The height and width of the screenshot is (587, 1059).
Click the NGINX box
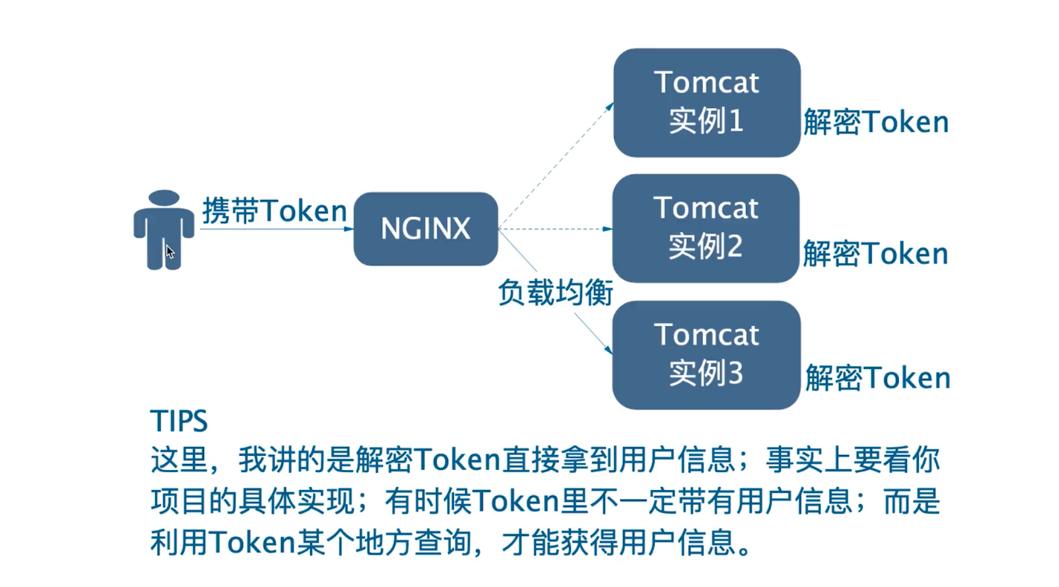pos(426,229)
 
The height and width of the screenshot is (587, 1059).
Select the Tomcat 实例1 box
pos(706,102)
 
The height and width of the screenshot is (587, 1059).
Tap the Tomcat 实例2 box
pos(705,227)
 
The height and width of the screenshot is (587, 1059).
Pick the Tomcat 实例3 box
pos(706,354)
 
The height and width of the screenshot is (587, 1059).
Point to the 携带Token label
pos(274,211)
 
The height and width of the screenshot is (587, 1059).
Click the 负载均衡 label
pos(555,293)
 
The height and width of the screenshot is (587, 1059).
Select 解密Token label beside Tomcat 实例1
pos(876,122)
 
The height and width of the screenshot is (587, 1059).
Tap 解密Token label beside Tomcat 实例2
pos(875,254)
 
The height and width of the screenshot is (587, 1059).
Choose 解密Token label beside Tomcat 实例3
pos(877,378)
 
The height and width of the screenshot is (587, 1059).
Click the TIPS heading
pos(179,421)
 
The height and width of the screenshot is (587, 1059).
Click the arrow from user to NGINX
pos(276,229)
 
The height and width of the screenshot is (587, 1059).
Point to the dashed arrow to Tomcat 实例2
pos(555,228)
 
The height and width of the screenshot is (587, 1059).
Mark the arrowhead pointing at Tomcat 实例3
pos(607,350)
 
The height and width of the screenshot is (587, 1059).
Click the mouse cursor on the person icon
pos(170,251)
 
